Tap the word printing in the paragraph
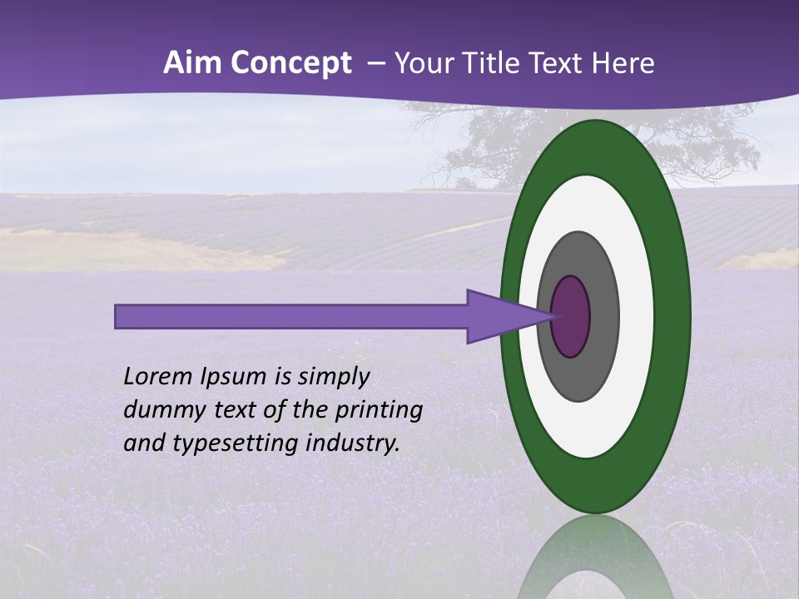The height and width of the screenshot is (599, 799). pyautogui.click(x=378, y=409)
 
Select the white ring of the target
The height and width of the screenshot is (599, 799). pyautogui.click(x=637, y=316)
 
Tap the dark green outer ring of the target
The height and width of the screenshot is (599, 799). pyautogui.click(x=675, y=316)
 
